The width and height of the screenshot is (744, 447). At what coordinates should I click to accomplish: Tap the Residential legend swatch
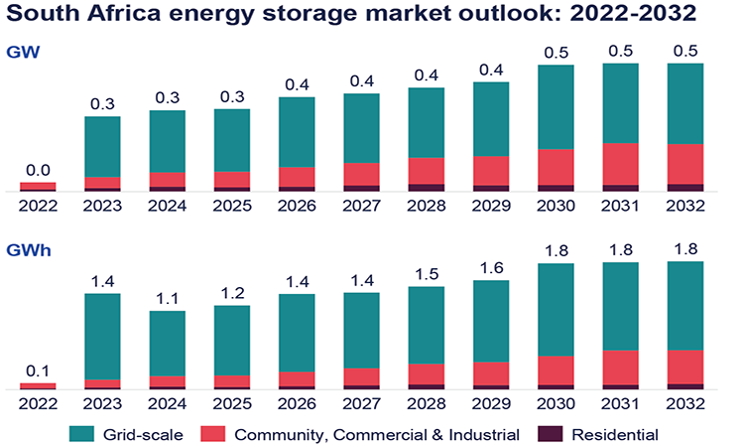[x=550, y=434]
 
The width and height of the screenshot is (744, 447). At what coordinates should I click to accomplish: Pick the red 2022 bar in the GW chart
[x=38, y=186]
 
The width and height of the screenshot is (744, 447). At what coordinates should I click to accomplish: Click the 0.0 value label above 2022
[x=38, y=170]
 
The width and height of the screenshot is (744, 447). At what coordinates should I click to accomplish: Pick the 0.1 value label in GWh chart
[x=38, y=371]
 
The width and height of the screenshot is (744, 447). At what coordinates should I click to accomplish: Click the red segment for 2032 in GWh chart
[x=685, y=367]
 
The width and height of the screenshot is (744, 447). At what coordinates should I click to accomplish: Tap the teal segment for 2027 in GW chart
[x=362, y=128]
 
